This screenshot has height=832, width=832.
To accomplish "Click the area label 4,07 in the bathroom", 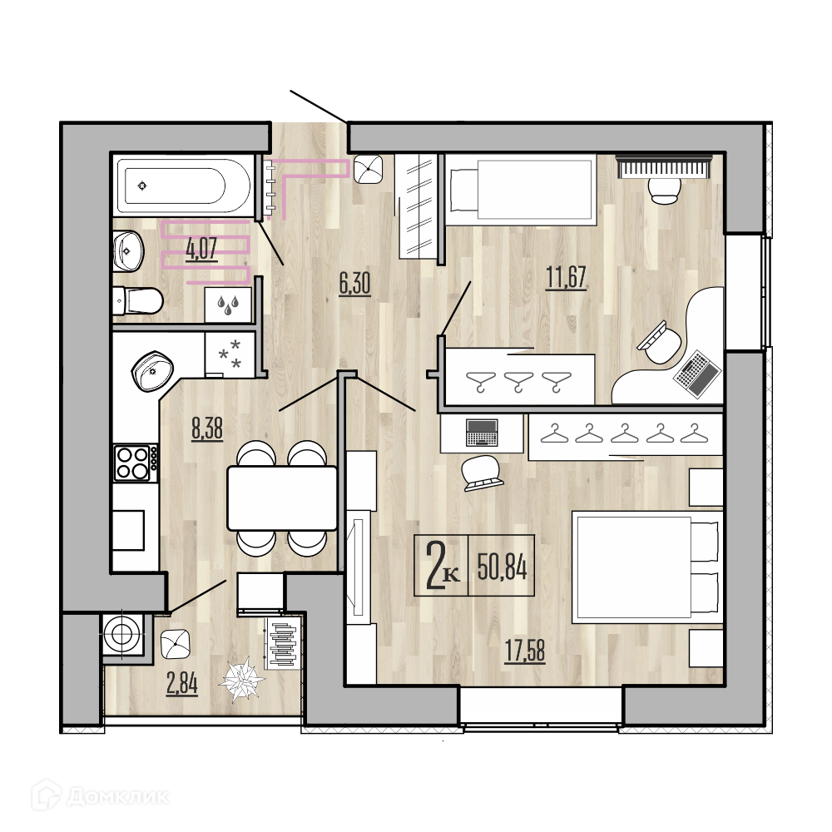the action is pos(201,249).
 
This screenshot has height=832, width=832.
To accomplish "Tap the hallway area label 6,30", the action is pos(355,284).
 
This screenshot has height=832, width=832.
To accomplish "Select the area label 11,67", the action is pos(566,278).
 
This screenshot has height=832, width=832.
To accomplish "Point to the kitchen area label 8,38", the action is pos(207,428).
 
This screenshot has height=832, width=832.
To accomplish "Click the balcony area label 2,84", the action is pos(182,683).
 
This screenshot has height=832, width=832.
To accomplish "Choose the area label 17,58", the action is pos(525,651).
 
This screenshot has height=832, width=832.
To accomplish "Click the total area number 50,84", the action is pos(502,566).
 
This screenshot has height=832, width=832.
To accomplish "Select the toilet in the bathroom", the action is pos(138,301).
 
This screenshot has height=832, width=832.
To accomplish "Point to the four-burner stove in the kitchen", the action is pos(136,463).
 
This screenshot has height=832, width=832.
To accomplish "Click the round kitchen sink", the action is pos(152,370).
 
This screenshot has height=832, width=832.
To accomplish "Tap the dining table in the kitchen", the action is pos(282,498).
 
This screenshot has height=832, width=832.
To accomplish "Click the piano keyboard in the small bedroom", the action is pos(663,166).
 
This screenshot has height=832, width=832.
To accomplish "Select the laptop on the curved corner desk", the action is pos(697,374).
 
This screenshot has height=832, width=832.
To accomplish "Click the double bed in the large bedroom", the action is pos(646,567).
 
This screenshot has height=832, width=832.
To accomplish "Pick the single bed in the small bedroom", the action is pos(520,190).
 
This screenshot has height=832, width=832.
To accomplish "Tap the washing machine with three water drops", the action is pos(228,305).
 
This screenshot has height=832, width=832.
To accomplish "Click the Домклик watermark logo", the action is pos(101,796).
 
